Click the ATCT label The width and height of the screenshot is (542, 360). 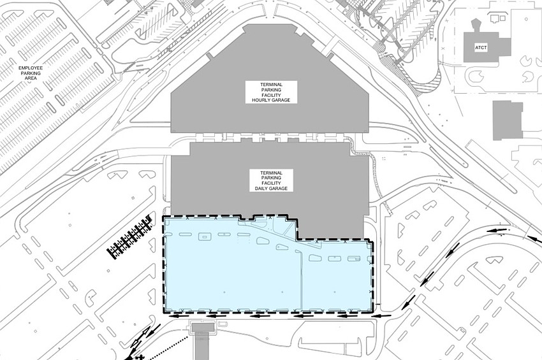(480, 48)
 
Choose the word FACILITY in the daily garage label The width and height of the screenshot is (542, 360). (271, 184)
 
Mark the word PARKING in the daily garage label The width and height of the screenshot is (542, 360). (271, 178)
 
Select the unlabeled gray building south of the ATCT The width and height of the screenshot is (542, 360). (508, 120)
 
